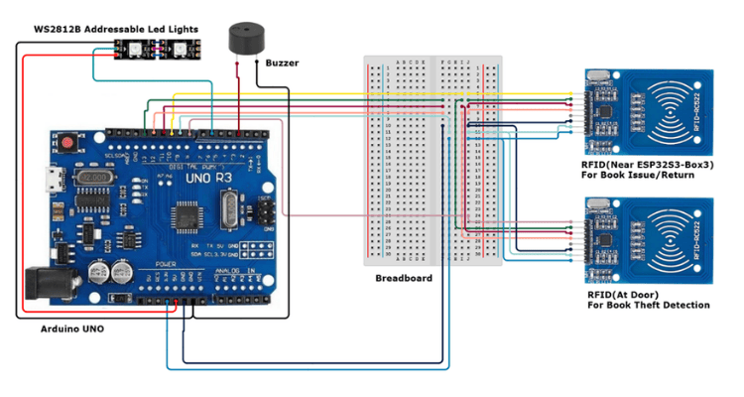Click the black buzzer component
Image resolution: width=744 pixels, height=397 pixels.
coord(245,39)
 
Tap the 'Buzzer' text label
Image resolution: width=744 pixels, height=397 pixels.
coord(282,64)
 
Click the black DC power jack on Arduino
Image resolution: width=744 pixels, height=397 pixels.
coord(43,281)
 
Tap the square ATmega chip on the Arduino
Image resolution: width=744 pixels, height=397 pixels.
coord(186,215)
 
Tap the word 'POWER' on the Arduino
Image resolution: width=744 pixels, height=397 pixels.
coord(166,265)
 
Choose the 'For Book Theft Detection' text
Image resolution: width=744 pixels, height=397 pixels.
coord(648,306)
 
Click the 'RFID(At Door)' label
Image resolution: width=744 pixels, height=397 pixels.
coord(624,294)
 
